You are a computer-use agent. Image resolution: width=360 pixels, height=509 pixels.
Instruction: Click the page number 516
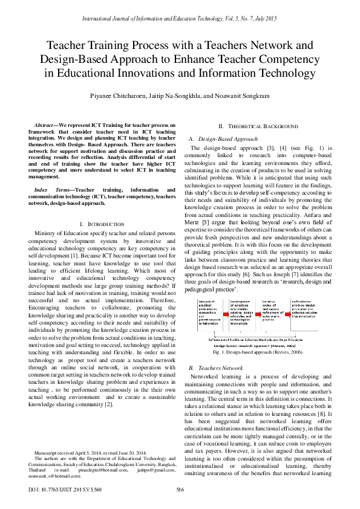(x=180, y=489)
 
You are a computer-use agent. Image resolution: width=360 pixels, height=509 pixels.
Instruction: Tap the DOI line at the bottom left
(x=64, y=489)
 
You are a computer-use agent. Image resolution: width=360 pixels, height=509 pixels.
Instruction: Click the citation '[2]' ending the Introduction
(x=109, y=404)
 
